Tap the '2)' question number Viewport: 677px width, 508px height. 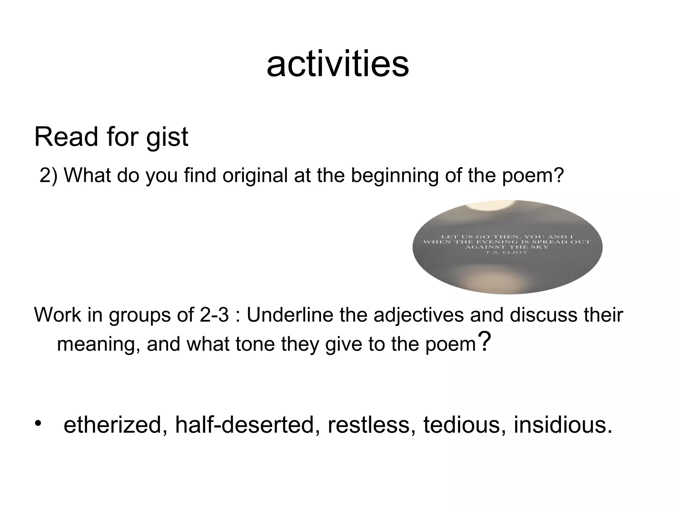[x=48, y=175]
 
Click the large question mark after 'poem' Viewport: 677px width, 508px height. [x=484, y=342]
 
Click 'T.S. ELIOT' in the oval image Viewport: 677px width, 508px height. [x=507, y=253]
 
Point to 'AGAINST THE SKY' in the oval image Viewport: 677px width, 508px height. [x=507, y=247]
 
